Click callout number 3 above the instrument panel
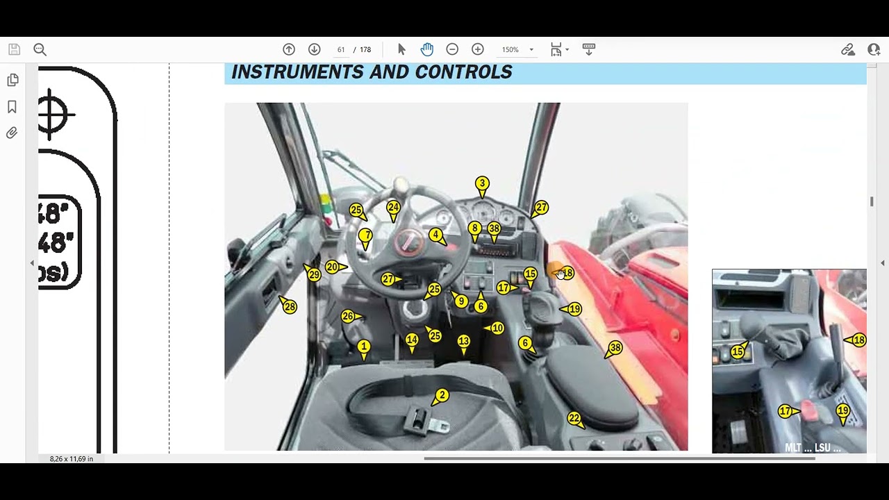(482, 183)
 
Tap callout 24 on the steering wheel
(393, 207)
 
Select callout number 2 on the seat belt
(442, 395)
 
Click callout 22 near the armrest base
(574, 418)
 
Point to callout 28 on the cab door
(290, 306)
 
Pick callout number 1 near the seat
(363, 346)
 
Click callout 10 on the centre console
(497, 328)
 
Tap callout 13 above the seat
(463, 341)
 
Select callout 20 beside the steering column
(332, 267)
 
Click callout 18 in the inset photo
(859, 340)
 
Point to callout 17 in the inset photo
(785, 411)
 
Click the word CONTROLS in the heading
(463, 72)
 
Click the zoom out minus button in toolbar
(452, 49)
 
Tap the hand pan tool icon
(426, 49)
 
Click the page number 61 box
(341, 49)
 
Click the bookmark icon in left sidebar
(12, 107)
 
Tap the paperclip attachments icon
(12, 133)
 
